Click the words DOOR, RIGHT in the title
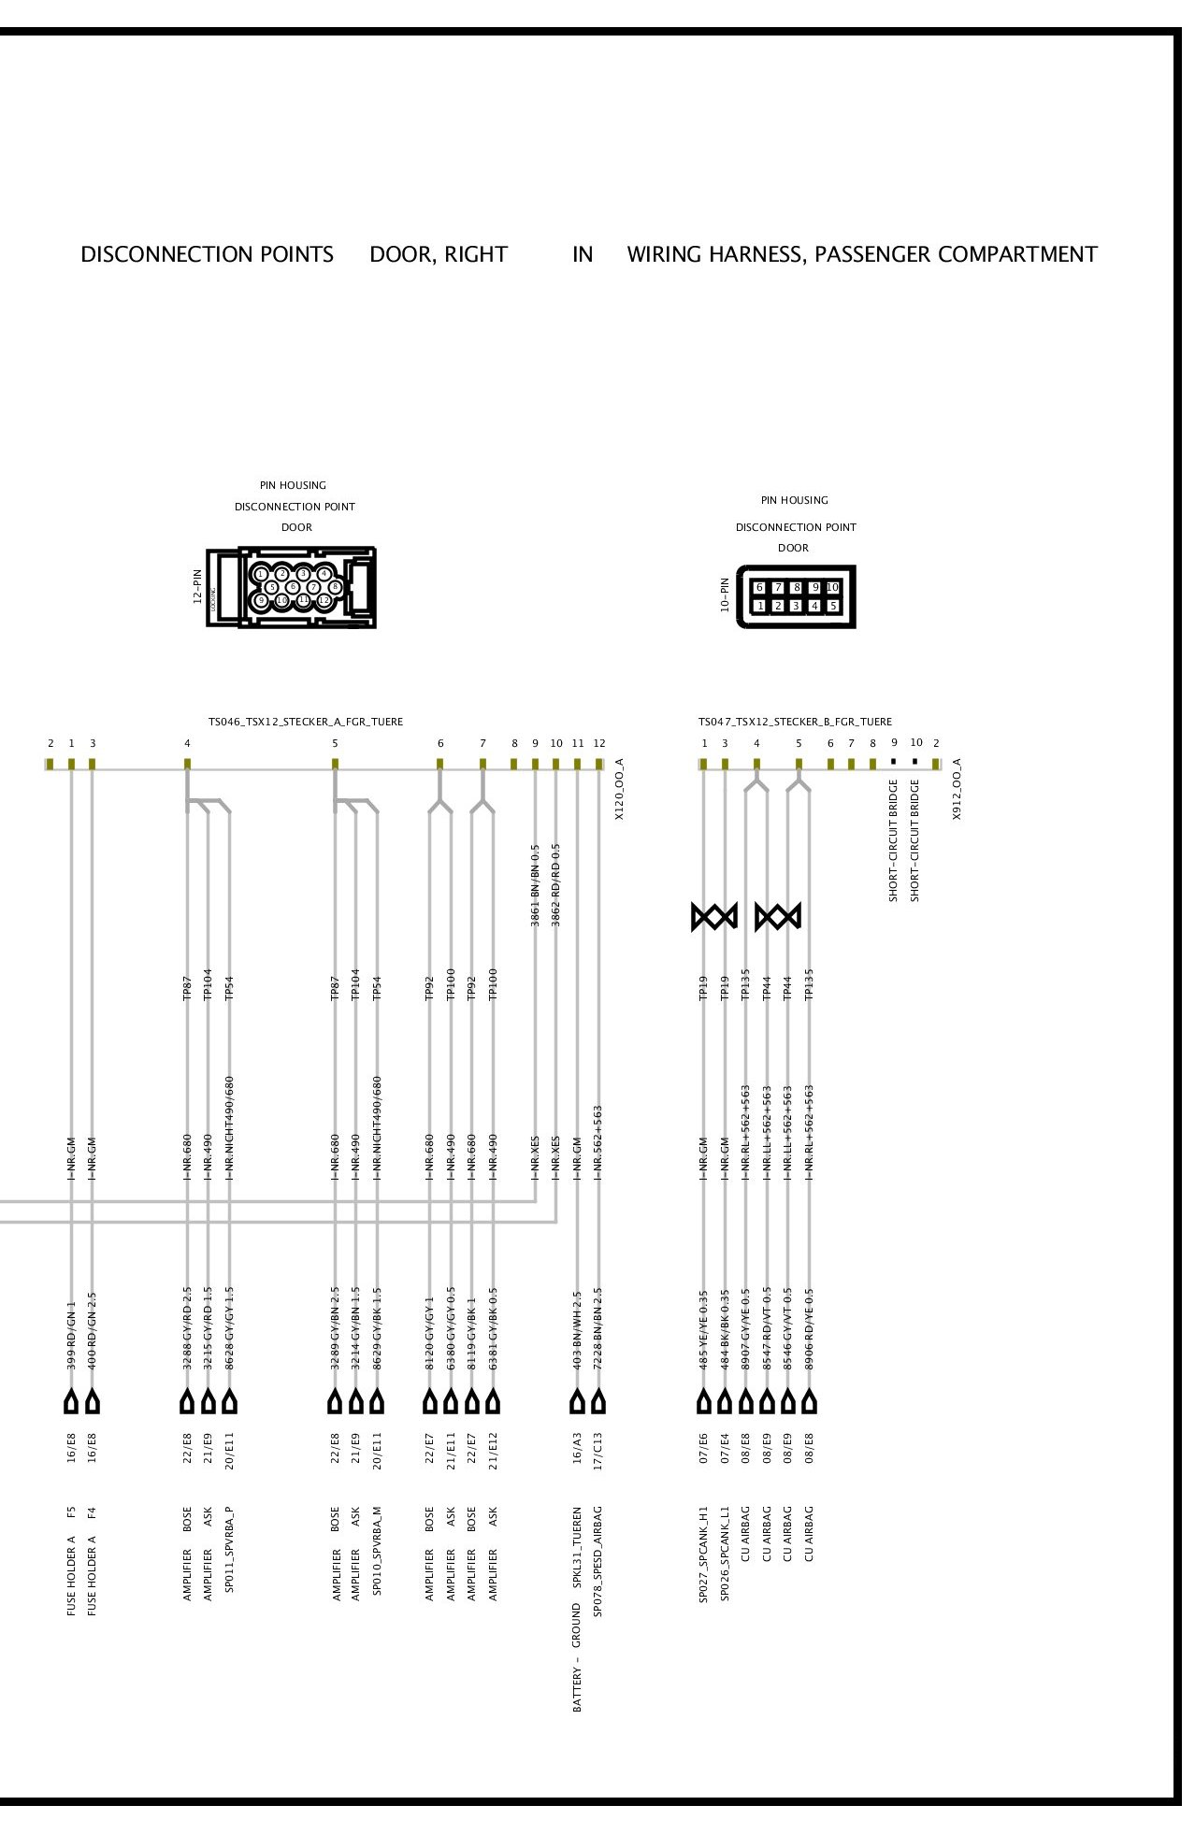pyautogui.click(x=439, y=254)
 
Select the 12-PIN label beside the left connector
pyautogui.click(x=197, y=586)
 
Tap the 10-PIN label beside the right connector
pyautogui.click(x=724, y=595)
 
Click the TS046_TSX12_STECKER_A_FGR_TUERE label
pyautogui.click(x=305, y=722)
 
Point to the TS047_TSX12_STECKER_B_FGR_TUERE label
pyautogui.click(x=795, y=722)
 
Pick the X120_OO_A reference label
pyautogui.click(x=618, y=790)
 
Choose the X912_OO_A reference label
pyautogui.click(x=957, y=790)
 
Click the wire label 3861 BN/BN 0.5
pyautogui.click(x=536, y=885)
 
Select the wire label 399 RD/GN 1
pyautogui.click(x=71, y=1336)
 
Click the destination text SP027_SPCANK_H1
pyautogui.click(x=704, y=1554)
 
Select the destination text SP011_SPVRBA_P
pyautogui.click(x=230, y=1549)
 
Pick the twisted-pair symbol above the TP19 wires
pyautogui.click(x=714, y=916)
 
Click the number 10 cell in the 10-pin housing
pyautogui.click(x=832, y=587)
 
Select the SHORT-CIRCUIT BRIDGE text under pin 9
pyautogui.click(x=893, y=840)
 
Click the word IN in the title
pyautogui.click(x=583, y=254)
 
